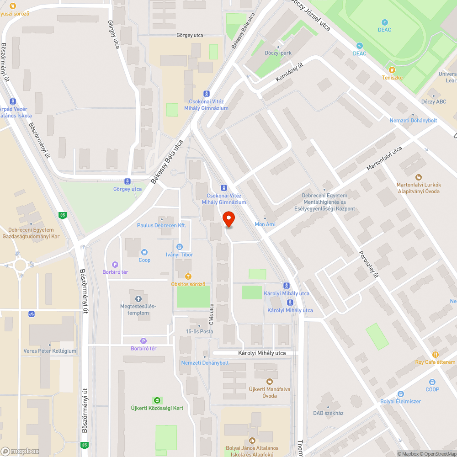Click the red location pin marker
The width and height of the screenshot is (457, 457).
coord(228,219)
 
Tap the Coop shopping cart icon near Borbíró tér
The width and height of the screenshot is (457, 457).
coord(144,252)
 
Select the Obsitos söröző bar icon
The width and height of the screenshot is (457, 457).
coord(188,276)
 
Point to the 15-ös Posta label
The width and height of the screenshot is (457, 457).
coord(199,331)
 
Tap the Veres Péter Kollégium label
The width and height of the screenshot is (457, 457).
coord(50,351)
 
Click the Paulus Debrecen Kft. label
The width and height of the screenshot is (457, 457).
coord(161,225)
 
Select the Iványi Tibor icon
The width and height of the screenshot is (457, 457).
coord(179,247)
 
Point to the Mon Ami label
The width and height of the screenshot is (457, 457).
coord(265,224)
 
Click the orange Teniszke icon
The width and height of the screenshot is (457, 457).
coord(392,70)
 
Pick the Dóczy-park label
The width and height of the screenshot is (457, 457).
coord(278,53)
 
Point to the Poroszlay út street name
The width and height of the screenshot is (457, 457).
coord(369,264)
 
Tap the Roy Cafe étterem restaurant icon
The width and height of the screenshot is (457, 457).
coord(435,355)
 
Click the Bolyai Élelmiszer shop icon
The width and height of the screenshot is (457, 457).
coord(401,393)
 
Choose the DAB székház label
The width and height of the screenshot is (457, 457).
coord(328,413)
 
